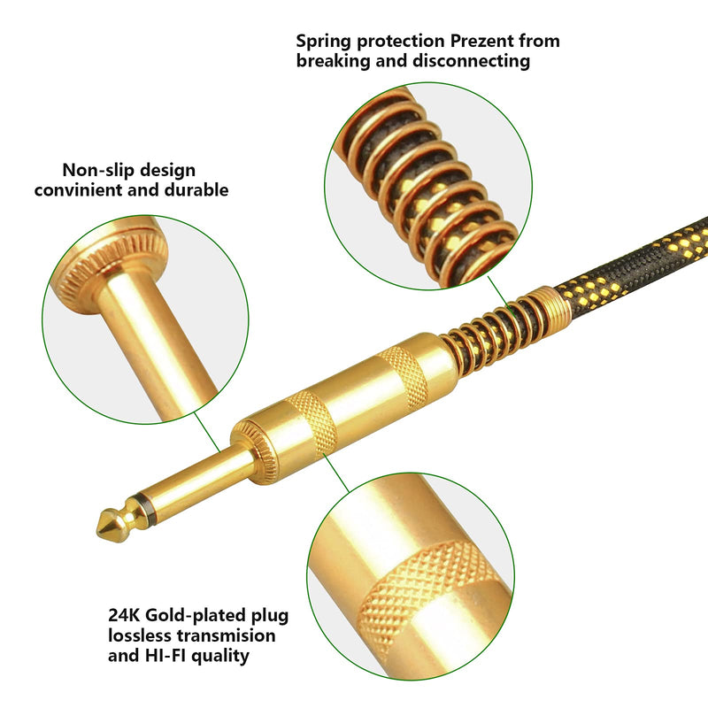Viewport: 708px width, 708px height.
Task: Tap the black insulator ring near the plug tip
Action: point(146,510)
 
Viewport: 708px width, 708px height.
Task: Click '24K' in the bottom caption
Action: point(124,615)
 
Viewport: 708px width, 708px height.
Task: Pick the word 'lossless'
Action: point(140,635)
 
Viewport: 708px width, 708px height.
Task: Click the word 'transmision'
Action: point(227,635)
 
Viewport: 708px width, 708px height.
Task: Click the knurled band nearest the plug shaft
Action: point(312,423)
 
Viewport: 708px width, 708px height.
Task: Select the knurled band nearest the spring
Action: point(404,376)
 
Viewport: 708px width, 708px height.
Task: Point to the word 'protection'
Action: point(401,42)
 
